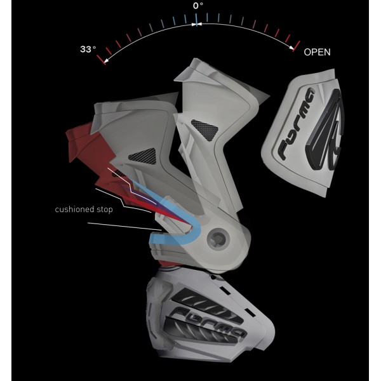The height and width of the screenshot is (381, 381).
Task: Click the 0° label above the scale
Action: coord(198,6)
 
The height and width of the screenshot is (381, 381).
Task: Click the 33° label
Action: coord(88,49)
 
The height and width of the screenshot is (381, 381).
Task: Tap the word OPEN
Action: coord(317,52)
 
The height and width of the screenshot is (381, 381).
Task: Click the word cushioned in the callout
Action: coord(74,209)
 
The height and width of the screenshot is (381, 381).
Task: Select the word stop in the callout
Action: coord(105,210)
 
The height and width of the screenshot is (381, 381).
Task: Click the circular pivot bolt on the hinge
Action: coord(218,239)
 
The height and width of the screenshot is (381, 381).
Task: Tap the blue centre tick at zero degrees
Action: coord(196,20)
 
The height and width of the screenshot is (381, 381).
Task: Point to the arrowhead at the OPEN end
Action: coord(291,48)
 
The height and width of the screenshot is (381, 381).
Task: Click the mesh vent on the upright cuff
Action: coord(205,130)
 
